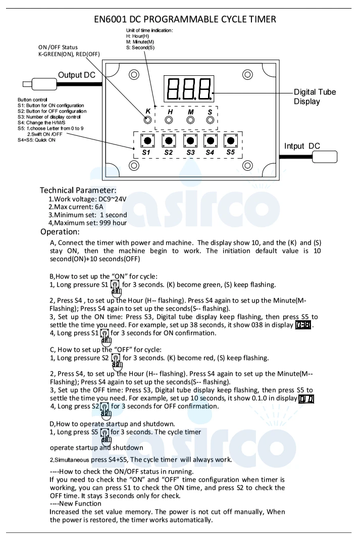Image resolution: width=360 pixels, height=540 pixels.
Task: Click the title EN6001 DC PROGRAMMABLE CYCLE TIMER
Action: click(x=185, y=20)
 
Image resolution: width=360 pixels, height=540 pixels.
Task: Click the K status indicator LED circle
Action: click(x=147, y=120)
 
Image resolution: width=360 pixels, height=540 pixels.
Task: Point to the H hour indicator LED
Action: click(x=170, y=120)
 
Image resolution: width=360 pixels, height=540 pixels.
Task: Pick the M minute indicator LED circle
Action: click(x=190, y=120)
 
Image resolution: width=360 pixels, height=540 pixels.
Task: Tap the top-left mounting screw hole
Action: click(x=134, y=75)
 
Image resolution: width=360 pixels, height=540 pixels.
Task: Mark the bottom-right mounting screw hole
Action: click(x=247, y=165)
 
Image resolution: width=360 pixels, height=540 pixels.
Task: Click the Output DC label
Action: click(x=76, y=75)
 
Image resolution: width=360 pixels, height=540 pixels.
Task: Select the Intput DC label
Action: click(x=302, y=146)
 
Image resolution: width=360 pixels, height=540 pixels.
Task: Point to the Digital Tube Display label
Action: click(x=315, y=96)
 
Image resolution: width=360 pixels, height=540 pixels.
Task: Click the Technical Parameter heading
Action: click(x=78, y=190)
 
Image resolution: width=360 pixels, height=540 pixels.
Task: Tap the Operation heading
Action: click(x=60, y=232)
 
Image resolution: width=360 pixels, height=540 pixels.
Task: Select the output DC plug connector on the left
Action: click(x=38, y=84)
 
